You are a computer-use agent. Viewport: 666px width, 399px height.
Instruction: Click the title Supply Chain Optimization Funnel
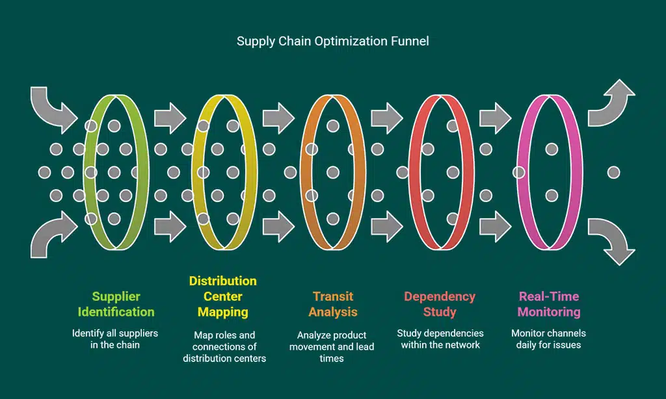pos(332,42)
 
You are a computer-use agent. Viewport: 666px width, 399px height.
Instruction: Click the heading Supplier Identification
pos(116,304)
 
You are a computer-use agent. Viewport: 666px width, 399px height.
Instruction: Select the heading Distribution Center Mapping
pos(223,296)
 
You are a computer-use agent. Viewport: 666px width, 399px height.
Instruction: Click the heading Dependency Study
pos(440,304)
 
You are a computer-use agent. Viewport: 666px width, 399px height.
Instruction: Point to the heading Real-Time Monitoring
pos(548,304)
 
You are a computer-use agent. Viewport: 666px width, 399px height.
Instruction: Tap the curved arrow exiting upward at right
pos(612,104)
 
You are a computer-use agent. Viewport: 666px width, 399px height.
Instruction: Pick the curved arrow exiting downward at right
pos(612,239)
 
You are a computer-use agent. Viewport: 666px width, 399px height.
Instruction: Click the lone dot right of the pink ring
pos(613,172)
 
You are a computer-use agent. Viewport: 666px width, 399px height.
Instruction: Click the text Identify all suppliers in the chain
pos(115,339)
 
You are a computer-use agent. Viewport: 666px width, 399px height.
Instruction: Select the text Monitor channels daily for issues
pos(548,339)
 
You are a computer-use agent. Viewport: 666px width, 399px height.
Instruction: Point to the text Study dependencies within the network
pos(440,339)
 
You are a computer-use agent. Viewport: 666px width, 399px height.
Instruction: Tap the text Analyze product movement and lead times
pos(332,346)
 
